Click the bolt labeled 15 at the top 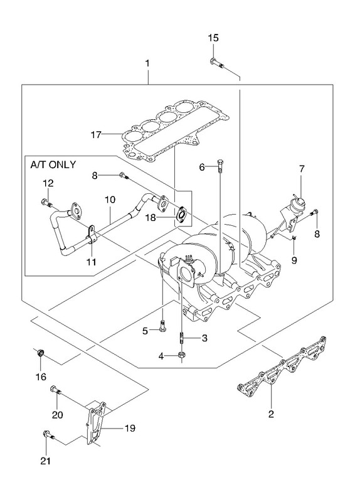click(x=216, y=63)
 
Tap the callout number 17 click(x=96, y=135)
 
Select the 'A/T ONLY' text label click(x=53, y=164)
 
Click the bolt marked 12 click(x=46, y=203)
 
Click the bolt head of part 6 click(x=221, y=163)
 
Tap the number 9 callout click(x=294, y=260)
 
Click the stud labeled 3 click(x=181, y=338)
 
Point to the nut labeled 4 click(x=181, y=355)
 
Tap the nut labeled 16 click(x=41, y=353)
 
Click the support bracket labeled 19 click(x=96, y=422)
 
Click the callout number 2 click(x=271, y=414)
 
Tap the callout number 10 click(x=110, y=200)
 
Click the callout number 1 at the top click(x=147, y=63)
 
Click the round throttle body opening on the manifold click(x=185, y=272)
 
